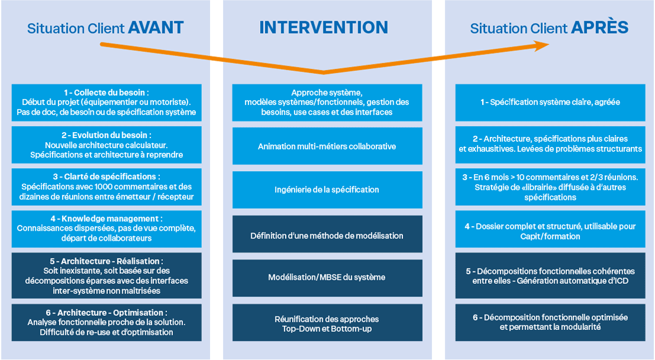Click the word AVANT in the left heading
[156, 28]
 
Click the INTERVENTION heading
[324, 28]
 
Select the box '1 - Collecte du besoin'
[107, 103]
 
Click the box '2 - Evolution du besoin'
[107, 145]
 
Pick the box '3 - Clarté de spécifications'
[107, 186]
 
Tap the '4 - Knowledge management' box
[107, 229]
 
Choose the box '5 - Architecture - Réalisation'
[107, 276]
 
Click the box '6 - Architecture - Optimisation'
[107, 322]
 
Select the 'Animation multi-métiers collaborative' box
[327, 146]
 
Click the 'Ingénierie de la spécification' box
[327, 189]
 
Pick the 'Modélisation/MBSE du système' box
[327, 278]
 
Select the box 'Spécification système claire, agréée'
[550, 103]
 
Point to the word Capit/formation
[550, 237]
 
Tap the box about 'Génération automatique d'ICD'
[550, 276]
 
